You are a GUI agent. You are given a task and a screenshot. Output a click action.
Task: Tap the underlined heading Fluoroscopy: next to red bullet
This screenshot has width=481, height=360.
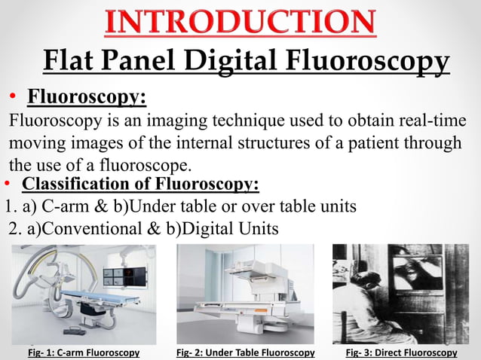point(87,98)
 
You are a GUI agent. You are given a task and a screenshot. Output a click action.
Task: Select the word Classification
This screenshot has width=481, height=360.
point(72,185)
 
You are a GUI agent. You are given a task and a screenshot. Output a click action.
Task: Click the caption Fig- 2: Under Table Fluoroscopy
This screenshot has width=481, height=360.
point(245,352)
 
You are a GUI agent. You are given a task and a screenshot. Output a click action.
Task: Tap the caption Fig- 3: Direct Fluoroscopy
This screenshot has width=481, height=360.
point(401,352)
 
